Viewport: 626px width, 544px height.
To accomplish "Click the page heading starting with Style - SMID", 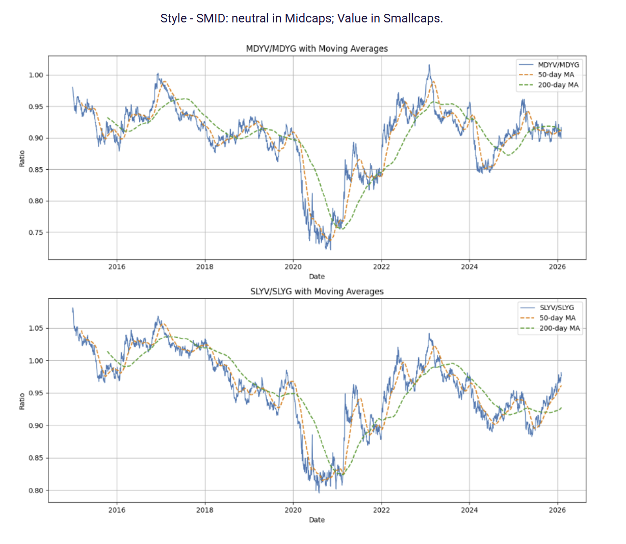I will (x=301, y=18).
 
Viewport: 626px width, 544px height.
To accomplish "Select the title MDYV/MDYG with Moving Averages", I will (x=317, y=48).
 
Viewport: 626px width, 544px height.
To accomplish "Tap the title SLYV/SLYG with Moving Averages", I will (x=317, y=291).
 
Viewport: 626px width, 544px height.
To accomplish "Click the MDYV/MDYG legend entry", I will (x=558, y=65).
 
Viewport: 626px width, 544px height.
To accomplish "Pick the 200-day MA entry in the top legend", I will (x=558, y=85).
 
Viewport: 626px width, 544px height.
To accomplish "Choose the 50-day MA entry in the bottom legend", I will (x=557, y=318).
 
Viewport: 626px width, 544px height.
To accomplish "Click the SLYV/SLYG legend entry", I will (x=557, y=308).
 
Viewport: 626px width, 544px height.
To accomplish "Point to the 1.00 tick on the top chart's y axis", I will (x=36, y=75).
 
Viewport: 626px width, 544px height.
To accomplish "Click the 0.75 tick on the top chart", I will (x=36, y=232).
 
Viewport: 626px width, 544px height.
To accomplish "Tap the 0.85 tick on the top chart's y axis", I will (x=36, y=170).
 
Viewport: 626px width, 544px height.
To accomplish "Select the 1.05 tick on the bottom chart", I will (x=36, y=328).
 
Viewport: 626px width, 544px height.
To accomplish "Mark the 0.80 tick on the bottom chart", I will (x=36, y=491).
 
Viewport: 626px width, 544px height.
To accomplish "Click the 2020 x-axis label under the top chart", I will (x=293, y=266).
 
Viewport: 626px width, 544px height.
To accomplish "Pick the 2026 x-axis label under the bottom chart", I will (x=557, y=510).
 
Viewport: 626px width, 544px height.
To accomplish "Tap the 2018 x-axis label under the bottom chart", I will (x=205, y=510).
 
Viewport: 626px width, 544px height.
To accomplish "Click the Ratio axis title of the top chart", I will (x=22, y=158).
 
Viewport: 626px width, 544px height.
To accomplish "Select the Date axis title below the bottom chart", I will (x=317, y=520).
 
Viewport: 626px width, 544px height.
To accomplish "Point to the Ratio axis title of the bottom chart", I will (x=22, y=401).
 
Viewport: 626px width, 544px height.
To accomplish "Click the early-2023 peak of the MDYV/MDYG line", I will (x=429, y=65).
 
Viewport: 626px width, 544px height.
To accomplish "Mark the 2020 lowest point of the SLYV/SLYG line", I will (x=319, y=492).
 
